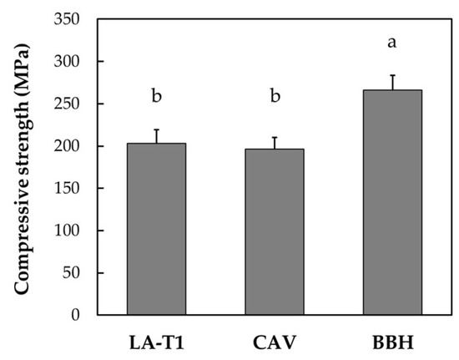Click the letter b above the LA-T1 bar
(156, 97)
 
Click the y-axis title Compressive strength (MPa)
(24, 166)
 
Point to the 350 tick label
(68, 19)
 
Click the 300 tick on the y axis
(68, 62)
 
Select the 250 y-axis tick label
(68, 104)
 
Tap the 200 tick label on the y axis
(68, 146)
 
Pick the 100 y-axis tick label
(68, 231)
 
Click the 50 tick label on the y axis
(73, 273)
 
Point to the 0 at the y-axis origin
(77, 315)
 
